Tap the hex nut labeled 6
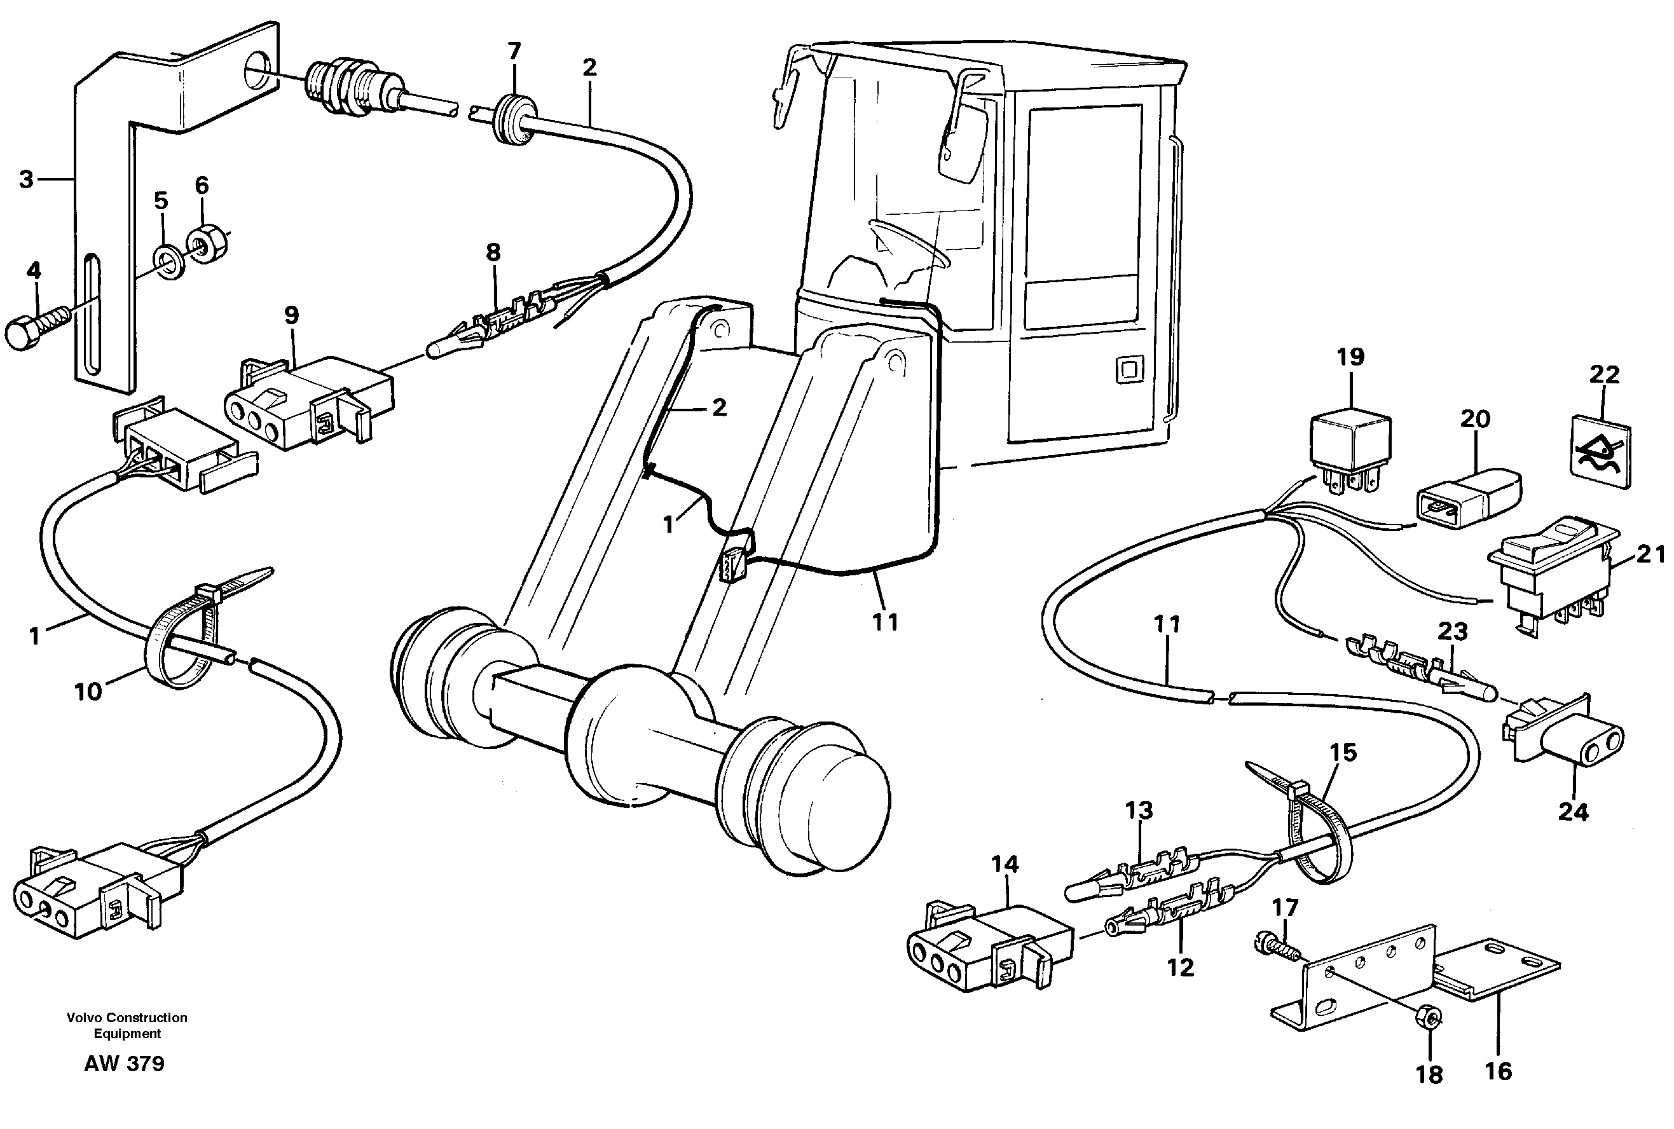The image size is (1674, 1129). pos(208,246)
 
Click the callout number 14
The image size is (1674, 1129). pos(1005,864)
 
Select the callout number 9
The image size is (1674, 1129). pos(291,315)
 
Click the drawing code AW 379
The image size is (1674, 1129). pos(124,1064)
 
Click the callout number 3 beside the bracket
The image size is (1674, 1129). pos(26,179)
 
